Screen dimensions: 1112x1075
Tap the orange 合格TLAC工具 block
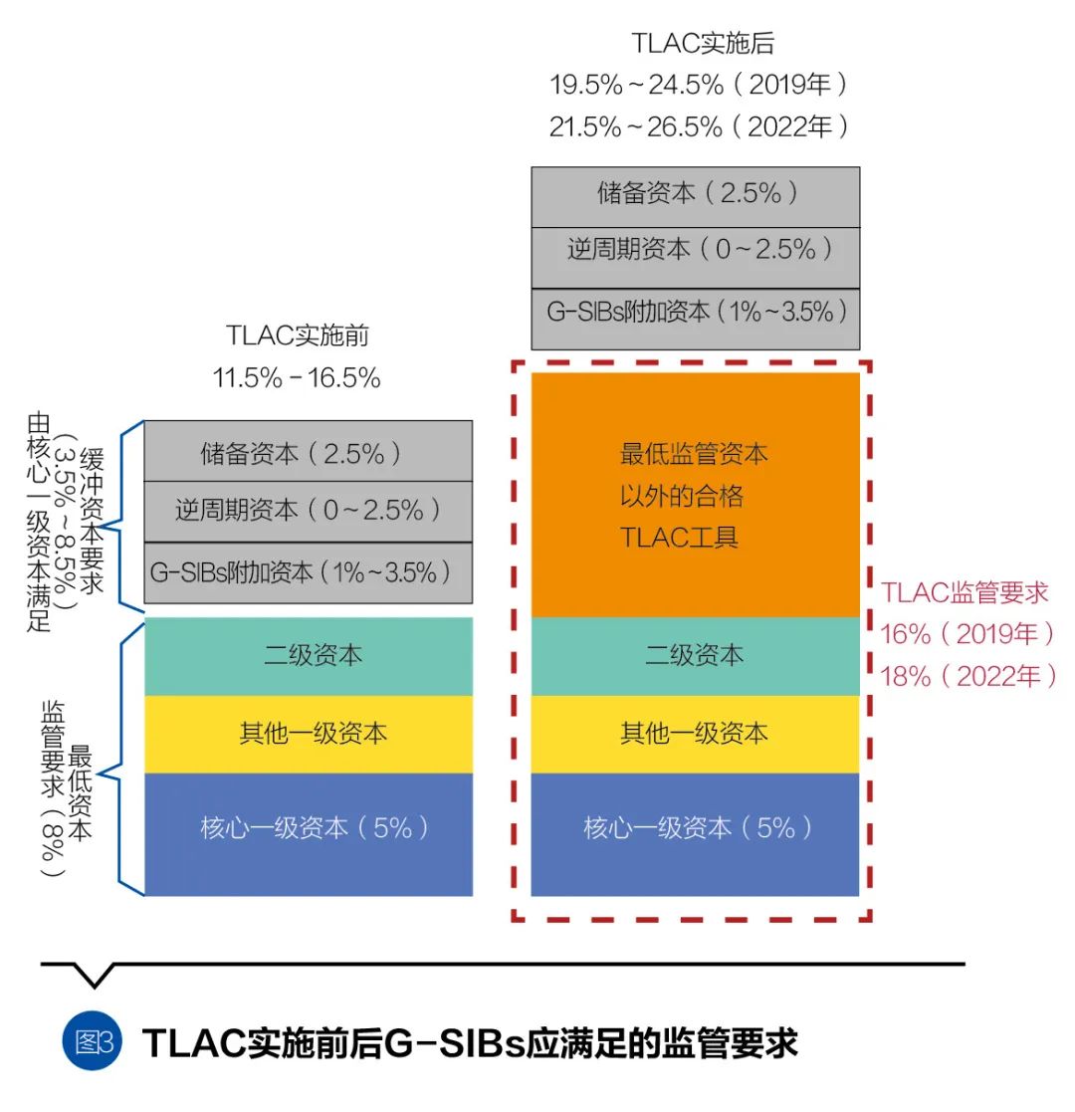click(x=695, y=495)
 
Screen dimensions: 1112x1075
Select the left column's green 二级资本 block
click(x=309, y=656)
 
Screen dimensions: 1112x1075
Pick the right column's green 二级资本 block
click(x=695, y=656)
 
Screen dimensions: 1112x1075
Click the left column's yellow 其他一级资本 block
click(x=309, y=734)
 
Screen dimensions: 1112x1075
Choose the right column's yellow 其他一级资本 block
click(x=695, y=734)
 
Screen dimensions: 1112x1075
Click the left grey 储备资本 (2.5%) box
click(x=309, y=452)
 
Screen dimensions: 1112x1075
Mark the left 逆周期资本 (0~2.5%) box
click(x=309, y=512)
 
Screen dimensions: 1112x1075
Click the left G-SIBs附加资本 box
click(x=309, y=573)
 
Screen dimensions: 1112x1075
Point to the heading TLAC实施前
click(x=297, y=335)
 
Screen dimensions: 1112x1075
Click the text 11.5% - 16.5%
click(x=297, y=378)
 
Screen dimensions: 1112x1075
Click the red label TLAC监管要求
click(x=965, y=593)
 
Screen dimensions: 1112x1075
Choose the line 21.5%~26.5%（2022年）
click(x=701, y=126)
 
